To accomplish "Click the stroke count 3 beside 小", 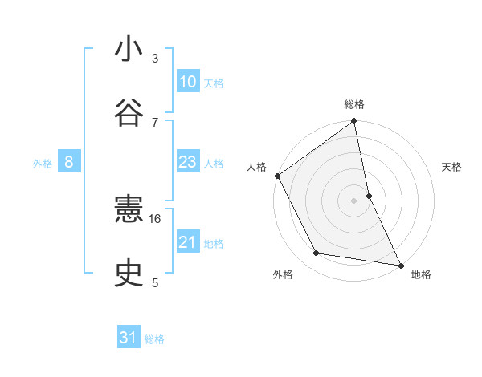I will point(155,59).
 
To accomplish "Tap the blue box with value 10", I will point(188,82).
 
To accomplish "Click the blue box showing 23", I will point(188,162).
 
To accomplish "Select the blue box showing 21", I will point(188,242).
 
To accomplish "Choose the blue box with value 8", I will point(69,162).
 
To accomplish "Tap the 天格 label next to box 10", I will point(214,83).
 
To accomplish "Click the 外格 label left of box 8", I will point(43,164).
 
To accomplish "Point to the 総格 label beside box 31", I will point(154,339).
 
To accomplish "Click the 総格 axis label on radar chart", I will point(354,104).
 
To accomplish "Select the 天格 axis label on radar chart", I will point(452,167).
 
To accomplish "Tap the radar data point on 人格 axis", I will point(277,176).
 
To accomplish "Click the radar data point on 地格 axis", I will point(400,265).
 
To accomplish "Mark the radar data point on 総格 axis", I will point(354,122).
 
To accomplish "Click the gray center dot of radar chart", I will point(354,201).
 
